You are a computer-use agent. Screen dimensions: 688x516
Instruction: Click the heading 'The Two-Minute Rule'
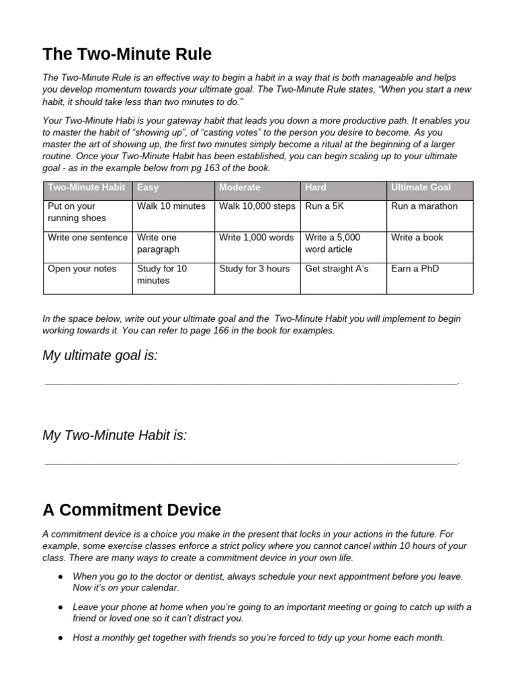coord(127,54)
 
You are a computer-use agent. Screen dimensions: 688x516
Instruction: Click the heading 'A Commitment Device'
coord(132,509)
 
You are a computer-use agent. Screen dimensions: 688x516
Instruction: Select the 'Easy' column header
coord(148,187)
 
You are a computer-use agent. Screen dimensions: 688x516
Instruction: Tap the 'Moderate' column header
coord(239,187)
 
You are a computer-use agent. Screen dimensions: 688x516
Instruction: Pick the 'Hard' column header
coord(316,187)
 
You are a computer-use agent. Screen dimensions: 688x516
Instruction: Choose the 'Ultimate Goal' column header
coord(421,187)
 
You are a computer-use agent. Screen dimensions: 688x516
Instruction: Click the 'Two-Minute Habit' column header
coord(87,187)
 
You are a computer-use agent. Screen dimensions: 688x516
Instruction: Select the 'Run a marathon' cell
coord(424,206)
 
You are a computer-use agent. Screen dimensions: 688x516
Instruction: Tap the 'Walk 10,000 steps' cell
coord(257,206)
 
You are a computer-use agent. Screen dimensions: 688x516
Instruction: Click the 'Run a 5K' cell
coord(325,206)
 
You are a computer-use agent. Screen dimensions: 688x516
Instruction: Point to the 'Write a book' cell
coord(417,237)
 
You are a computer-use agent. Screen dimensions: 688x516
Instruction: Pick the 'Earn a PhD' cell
coord(416,269)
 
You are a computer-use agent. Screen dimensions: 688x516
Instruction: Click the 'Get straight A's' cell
coord(337,269)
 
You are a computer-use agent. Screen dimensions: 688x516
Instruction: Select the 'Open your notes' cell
coord(82,269)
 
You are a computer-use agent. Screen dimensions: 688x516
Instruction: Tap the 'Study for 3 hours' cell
coord(255,269)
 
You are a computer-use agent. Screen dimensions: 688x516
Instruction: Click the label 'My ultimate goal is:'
coord(100,355)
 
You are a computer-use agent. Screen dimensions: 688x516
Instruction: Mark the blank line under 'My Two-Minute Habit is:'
coord(251,463)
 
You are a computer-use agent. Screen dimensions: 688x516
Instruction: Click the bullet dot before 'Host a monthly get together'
coord(61,638)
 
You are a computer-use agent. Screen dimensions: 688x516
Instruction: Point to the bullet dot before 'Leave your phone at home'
coord(61,607)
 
